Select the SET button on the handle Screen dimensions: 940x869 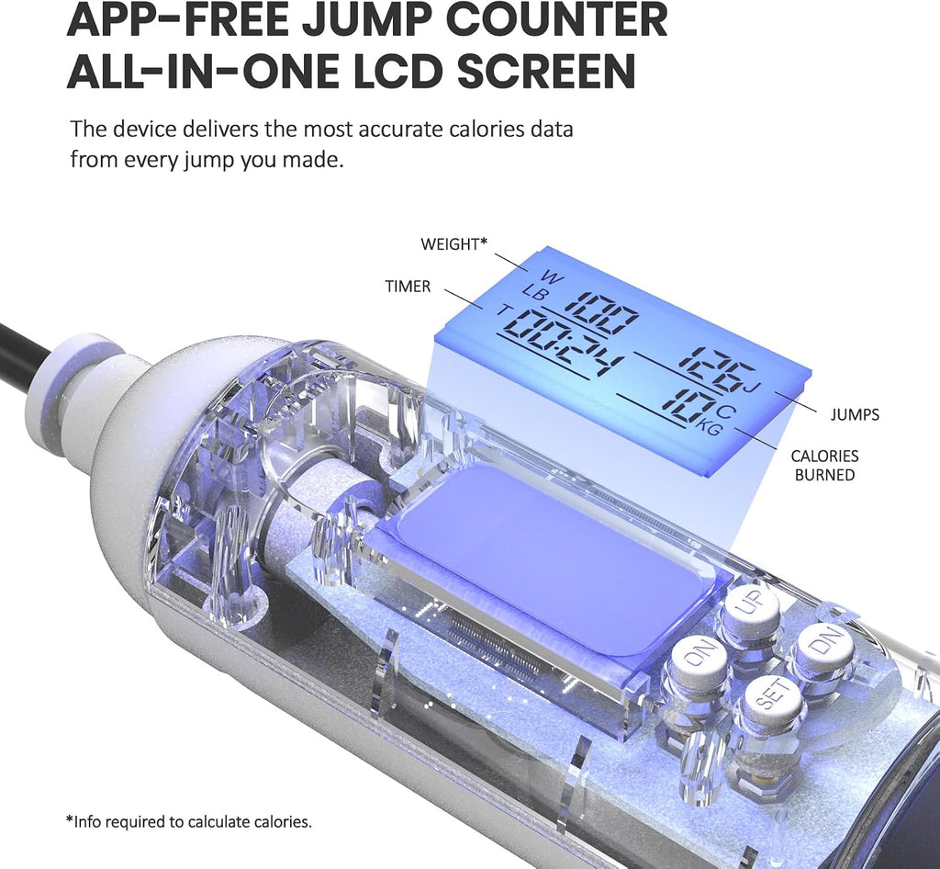(x=773, y=699)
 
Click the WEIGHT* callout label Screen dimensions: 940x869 (x=453, y=244)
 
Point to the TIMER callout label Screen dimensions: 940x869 (x=408, y=286)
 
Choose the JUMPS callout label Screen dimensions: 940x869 (x=855, y=414)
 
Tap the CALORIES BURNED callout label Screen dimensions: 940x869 (x=824, y=466)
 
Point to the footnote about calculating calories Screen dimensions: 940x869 (x=189, y=821)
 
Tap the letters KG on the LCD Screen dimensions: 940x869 (x=710, y=427)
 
